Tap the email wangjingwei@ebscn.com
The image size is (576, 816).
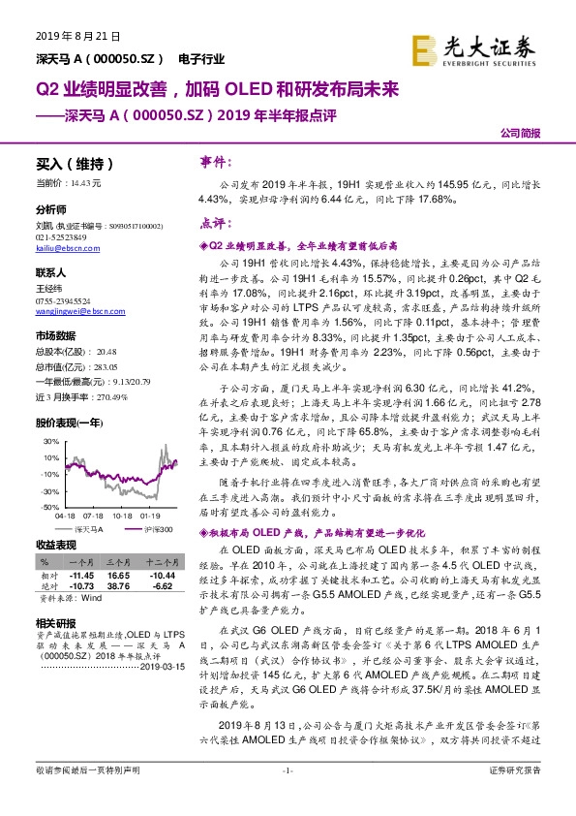[76, 312]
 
